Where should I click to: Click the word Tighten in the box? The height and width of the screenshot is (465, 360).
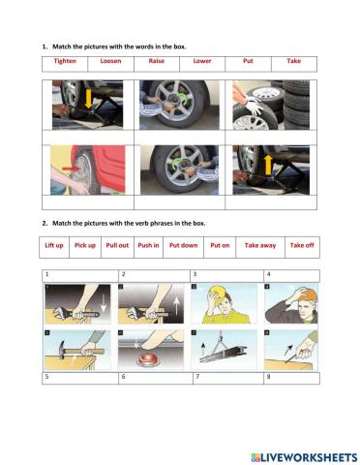coord(65,61)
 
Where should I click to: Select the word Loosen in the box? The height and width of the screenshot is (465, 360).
coord(110,61)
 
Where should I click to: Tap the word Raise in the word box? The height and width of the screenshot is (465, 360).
coord(157,61)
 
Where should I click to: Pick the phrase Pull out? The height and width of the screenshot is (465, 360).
coord(117,245)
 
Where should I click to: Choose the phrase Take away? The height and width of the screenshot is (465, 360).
coord(260,245)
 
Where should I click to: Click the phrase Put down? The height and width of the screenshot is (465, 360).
coord(184,245)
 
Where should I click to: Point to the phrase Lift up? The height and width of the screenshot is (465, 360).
coord(54,245)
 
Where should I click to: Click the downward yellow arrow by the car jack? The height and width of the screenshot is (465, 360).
coord(88,99)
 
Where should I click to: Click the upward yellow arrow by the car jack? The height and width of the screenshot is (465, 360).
coord(268,165)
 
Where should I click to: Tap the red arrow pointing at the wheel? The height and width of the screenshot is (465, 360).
coord(71,169)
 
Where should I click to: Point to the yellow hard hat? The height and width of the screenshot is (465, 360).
coord(216,294)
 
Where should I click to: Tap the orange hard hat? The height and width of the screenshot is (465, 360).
coord(307,294)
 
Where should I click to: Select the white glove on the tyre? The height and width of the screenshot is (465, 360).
coord(255,104)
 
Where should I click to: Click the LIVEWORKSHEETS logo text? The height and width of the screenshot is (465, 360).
coord(304,457)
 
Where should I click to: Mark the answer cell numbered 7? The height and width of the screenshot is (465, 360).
coord(228,378)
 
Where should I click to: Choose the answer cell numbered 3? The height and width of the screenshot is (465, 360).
coord(226,276)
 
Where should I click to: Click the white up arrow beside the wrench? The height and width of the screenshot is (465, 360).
coord(177,306)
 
